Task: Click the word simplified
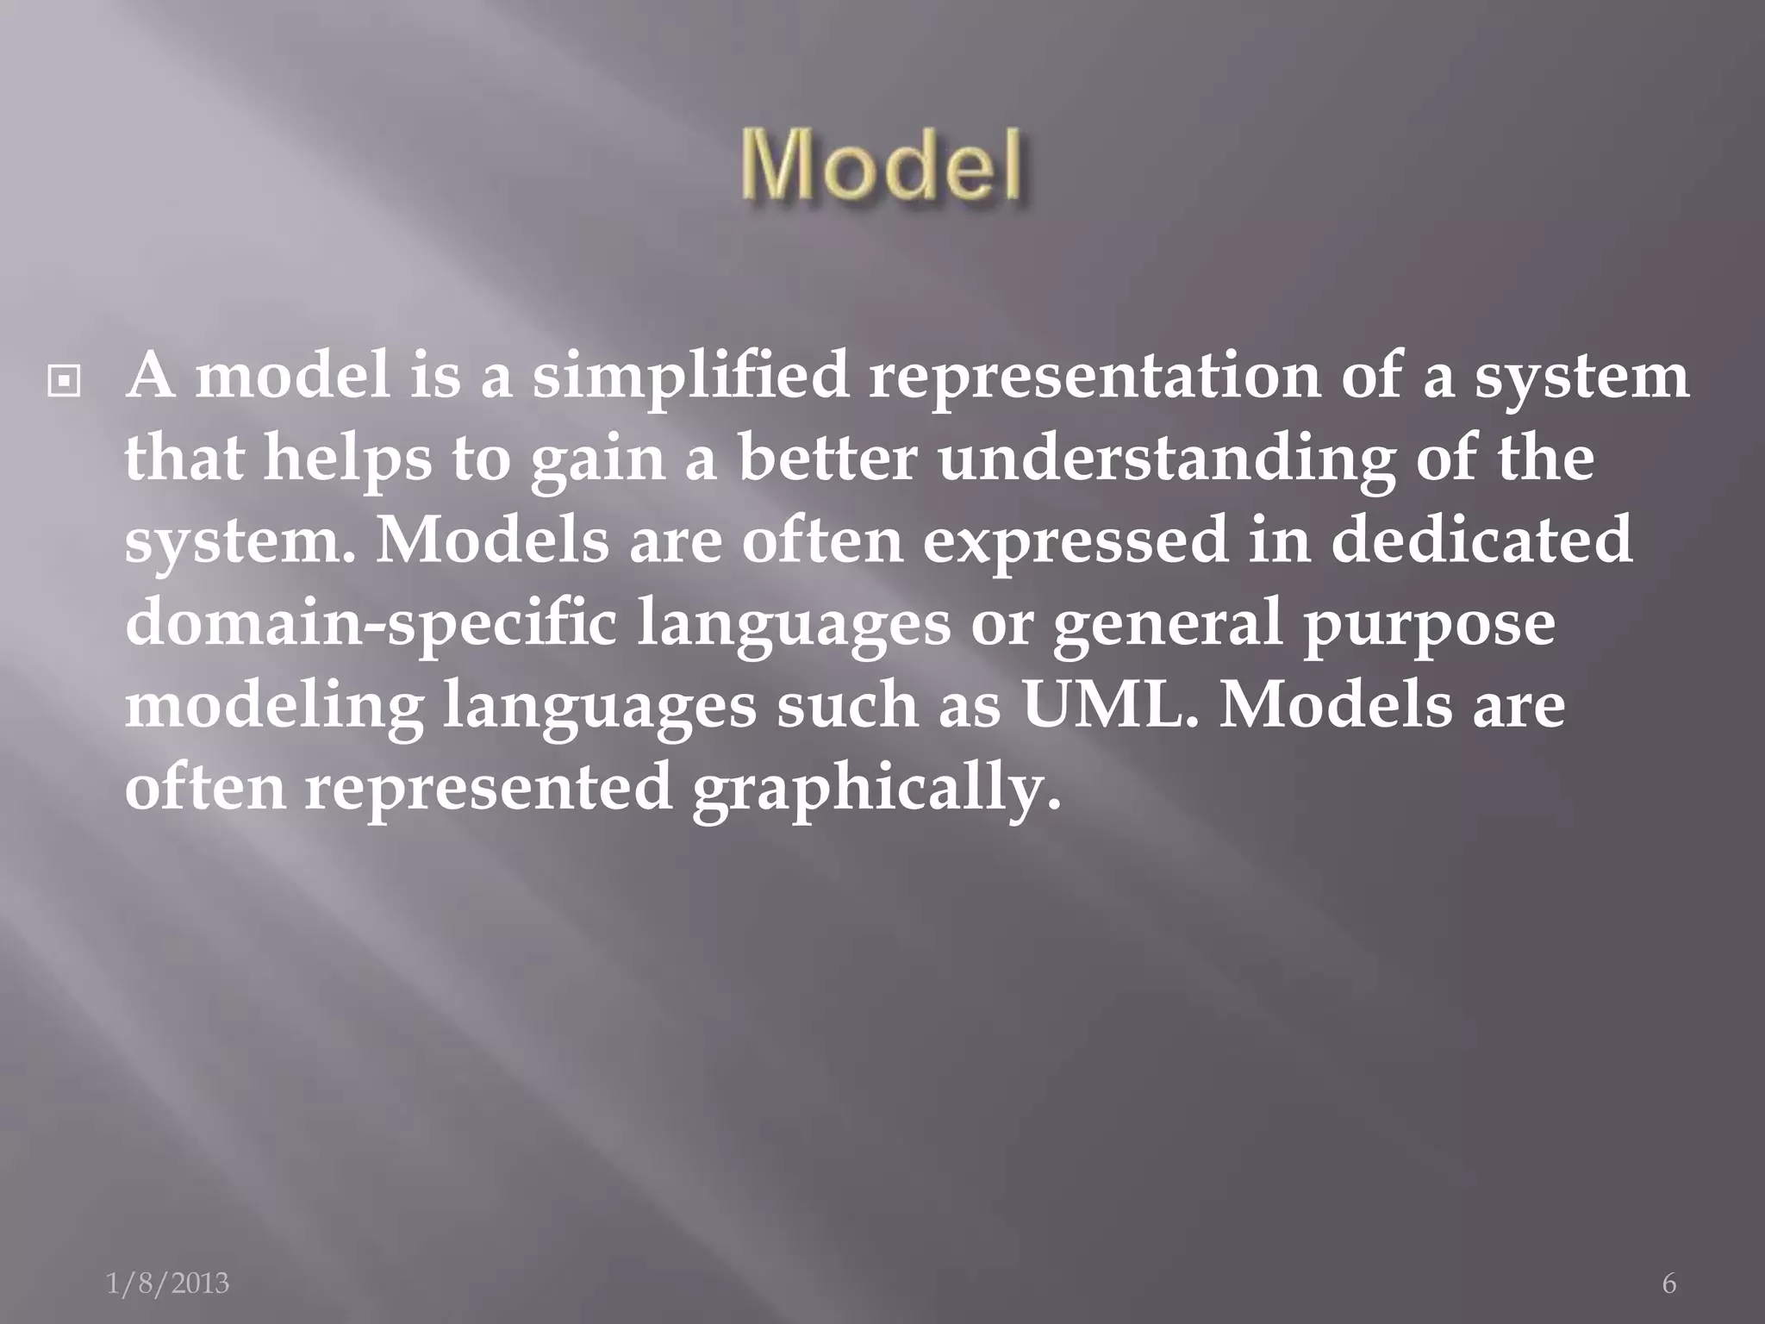pos(690,378)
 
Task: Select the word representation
pos(1095,378)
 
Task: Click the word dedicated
pos(1481,540)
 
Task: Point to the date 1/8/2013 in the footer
pos(167,1283)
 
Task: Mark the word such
pos(847,703)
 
